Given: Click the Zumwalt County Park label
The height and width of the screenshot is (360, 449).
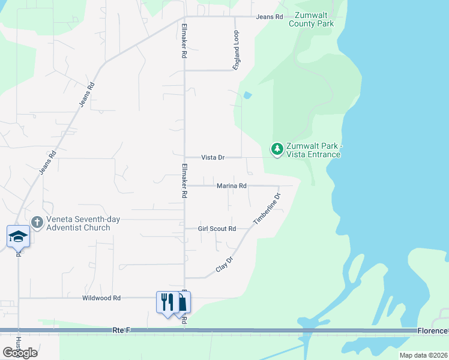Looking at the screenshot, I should tap(311, 20).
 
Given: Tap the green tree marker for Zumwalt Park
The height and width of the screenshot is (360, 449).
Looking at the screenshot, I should tap(277, 148).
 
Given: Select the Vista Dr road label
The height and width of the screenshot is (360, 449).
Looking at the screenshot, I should tap(212, 157).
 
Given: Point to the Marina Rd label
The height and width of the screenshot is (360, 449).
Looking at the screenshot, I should tap(232, 186).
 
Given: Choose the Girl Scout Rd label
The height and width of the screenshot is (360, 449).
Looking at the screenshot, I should tap(217, 229).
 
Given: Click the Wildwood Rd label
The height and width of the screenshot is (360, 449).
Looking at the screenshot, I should tap(102, 298).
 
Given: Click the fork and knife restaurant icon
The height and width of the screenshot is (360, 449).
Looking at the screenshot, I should tap(166, 301).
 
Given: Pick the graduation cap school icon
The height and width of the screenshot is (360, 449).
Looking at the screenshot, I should tap(18, 236).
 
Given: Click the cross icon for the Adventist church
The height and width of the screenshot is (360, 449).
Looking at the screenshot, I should tap(37, 223).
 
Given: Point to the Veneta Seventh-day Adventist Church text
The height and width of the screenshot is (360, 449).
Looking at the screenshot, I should tap(80, 223).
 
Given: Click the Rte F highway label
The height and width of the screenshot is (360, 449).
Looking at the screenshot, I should tap(121, 331).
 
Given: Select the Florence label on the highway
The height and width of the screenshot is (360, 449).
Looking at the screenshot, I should tap(432, 331).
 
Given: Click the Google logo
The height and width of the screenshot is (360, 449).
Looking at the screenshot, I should tap(20, 352).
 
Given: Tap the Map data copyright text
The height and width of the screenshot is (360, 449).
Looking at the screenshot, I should tap(423, 355).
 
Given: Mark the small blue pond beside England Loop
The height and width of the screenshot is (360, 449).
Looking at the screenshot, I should tap(247, 95).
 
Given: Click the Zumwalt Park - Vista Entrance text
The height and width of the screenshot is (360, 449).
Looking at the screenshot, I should tap(313, 151).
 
